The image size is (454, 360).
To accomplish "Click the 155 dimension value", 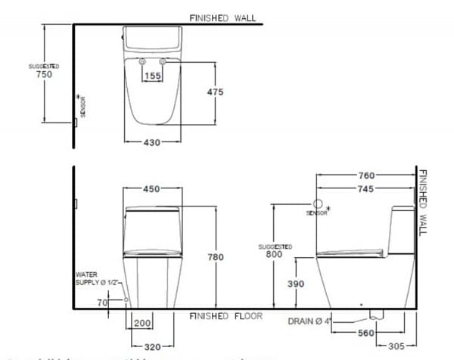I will tap(153, 76).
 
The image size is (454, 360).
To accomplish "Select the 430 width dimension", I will tap(152, 143).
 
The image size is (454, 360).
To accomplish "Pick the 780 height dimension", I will tap(216, 257).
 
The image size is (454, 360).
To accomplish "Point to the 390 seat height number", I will tap(296, 284).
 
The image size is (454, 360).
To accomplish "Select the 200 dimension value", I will tap(142, 323).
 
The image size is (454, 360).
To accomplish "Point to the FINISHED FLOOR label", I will tap(225, 315).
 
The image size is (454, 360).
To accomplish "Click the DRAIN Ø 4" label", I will tap(309, 321).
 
